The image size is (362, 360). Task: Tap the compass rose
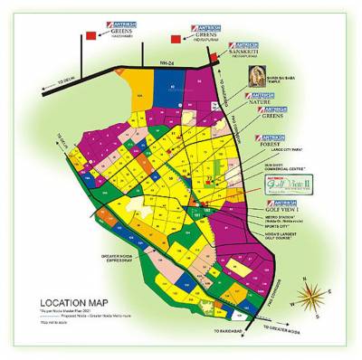pyautogui.click(x=318, y=296)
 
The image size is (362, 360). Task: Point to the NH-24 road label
pyautogui.click(x=164, y=63)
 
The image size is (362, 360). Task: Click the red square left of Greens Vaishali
pyautogui.click(x=90, y=35)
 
